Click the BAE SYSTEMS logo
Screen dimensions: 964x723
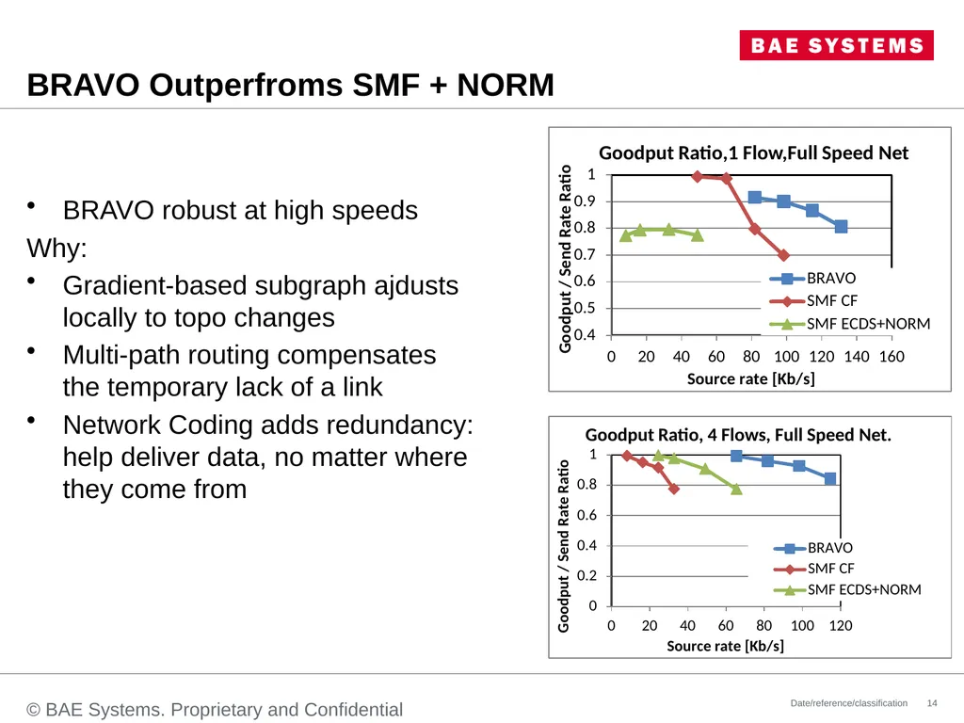coord(836,45)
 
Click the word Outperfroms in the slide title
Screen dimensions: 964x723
coord(246,85)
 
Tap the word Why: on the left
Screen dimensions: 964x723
coord(57,249)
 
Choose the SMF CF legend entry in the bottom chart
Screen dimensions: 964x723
coord(814,569)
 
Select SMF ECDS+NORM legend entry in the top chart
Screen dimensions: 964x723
coord(850,324)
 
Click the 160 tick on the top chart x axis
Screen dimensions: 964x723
coord(892,357)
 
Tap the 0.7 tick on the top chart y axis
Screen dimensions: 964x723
coord(585,254)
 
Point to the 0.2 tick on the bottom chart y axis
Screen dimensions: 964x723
coord(587,575)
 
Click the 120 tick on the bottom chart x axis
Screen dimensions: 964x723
coord(841,626)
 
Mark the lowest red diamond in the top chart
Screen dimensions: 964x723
coord(783,254)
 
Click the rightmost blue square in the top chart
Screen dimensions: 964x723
coord(841,227)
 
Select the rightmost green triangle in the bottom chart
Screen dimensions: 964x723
coord(736,489)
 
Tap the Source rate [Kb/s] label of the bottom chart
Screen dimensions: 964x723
coord(726,646)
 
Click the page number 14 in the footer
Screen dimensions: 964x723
coord(932,702)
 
